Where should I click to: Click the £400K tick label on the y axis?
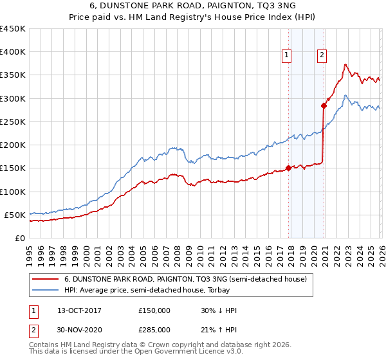[13, 52]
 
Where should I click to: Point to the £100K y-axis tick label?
[13, 192]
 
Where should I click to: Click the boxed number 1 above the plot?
[286, 55]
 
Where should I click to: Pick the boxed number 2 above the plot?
[321, 55]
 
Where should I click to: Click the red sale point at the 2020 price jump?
[323, 105]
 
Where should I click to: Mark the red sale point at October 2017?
[288, 168]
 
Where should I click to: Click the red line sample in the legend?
[45, 280]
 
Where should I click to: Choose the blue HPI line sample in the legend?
[45, 290]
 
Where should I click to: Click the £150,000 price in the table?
[154, 310]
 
